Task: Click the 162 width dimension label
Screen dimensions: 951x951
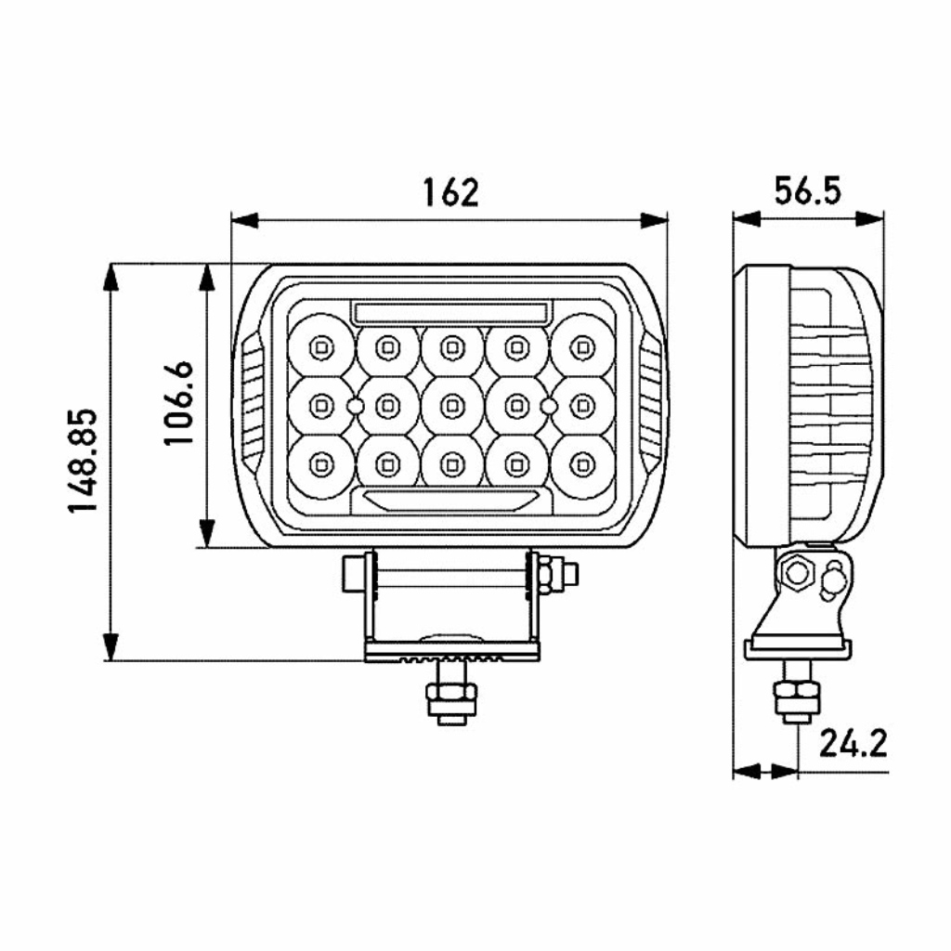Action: coord(450,192)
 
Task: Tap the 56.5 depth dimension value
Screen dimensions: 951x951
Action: coord(808,191)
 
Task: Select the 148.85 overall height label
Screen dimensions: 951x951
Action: coord(83,461)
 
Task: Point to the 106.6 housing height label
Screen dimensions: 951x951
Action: coord(179,403)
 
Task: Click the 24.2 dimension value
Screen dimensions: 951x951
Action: coord(853,743)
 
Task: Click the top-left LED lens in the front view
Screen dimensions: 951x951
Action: coord(320,347)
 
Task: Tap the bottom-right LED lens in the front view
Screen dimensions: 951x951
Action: coord(583,464)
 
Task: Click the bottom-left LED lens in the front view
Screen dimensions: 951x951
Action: coord(320,464)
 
